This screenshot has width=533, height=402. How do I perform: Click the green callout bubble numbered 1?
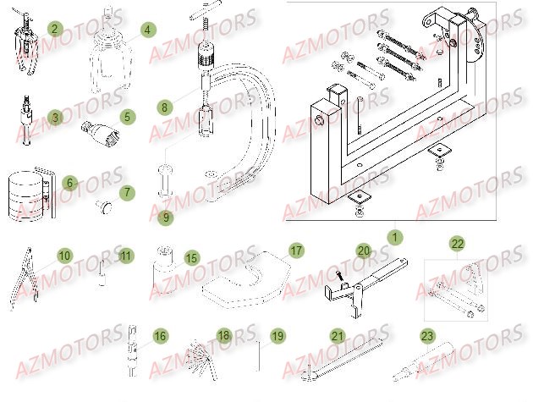pyautogui.click(x=392, y=237)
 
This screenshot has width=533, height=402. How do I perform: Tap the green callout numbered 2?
pyautogui.click(x=55, y=29)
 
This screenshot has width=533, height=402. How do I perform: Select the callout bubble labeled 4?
pyautogui.click(x=147, y=30)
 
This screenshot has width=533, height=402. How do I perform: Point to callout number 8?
pyautogui.click(x=164, y=107)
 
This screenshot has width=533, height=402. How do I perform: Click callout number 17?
pyautogui.click(x=296, y=251)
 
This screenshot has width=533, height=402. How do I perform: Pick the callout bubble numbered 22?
pyautogui.click(x=457, y=245)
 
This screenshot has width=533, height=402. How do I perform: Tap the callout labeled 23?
pyautogui.click(x=426, y=336)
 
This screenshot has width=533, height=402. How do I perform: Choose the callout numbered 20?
pyautogui.click(x=363, y=251)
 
